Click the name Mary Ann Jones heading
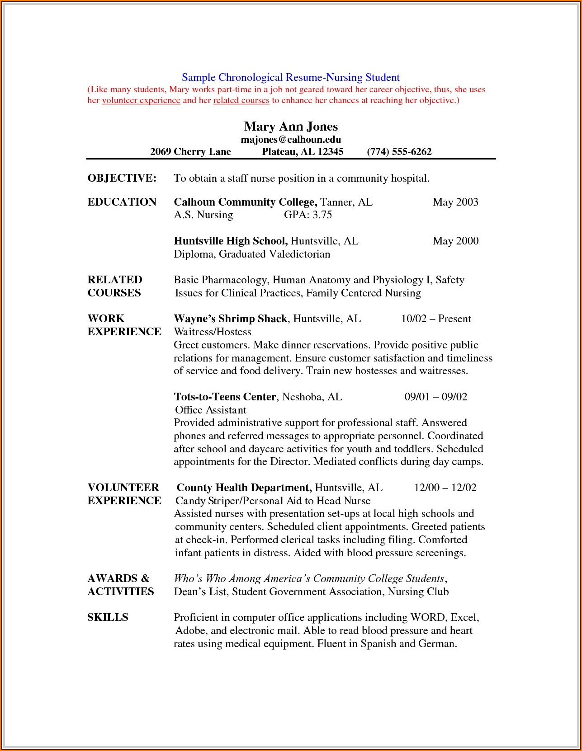291,127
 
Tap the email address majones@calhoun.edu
291,140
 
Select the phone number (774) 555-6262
399,152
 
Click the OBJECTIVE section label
122,178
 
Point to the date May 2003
455,202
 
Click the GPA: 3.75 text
308,215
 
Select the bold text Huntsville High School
230,241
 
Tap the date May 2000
455,241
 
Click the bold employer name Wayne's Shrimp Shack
230,319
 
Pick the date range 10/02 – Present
436,319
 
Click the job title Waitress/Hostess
213,332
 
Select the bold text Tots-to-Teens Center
225,397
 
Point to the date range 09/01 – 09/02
435,397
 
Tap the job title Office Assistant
211,410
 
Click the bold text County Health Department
244,488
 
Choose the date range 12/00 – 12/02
445,488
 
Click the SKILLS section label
108,617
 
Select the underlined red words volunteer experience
141,100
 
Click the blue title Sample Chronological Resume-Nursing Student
291,78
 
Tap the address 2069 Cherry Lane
190,152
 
